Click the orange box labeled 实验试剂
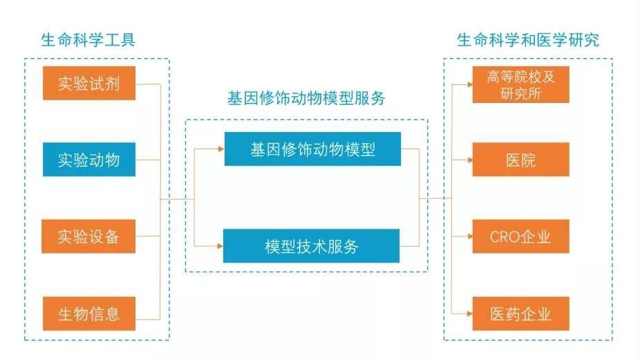click(89, 84)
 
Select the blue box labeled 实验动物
click(89, 160)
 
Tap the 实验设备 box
click(88, 236)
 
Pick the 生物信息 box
click(89, 314)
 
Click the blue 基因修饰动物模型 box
click(312, 149)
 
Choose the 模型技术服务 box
click(312, 246)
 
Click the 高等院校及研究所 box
click(521, 84)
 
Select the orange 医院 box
click(521, 160)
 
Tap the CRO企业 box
click(521, 236)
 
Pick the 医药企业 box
click(521, 314)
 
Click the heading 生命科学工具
click(88, 40)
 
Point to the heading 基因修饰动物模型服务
click(306, 98)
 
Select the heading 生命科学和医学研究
click(528, 40)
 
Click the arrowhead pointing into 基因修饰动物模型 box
click(221, 149)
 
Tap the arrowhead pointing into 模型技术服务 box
click(220, 246)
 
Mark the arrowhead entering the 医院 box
click(470, 160)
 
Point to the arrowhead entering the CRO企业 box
click(470, 236)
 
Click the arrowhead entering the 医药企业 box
click(470, 314)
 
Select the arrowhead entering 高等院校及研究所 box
click(470, 84)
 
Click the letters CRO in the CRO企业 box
click(504, 237)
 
